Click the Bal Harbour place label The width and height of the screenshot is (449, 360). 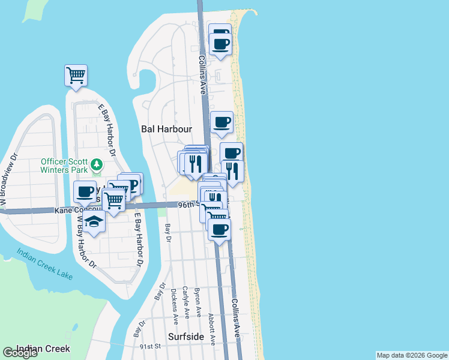(166, 129)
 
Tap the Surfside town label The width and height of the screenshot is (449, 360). (185, 337)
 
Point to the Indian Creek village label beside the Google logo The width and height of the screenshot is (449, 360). (43, 349)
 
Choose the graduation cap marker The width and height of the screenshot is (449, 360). (93, 221)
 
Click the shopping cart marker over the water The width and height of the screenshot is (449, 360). (76, 76)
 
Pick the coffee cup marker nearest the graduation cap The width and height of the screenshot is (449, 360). (85, 192)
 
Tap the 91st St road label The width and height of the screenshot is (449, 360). (151, 346)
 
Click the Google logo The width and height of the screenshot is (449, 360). (20, 353)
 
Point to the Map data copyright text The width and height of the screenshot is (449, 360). (412, 355)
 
